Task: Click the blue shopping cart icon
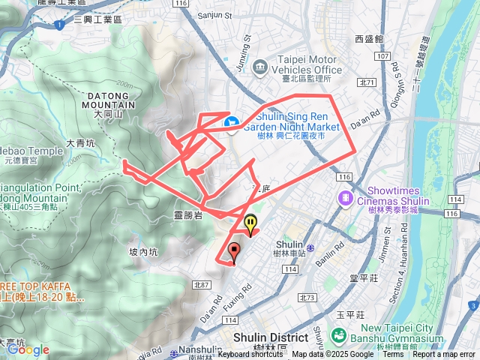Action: coord(232,121)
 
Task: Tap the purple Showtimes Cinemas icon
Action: coord(345,197)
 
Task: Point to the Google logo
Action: coord(28,349)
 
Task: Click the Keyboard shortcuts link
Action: coord(250,355)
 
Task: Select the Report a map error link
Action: coord(443,355)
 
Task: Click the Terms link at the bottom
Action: coord(393,355)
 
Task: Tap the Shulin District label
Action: coord(270,337)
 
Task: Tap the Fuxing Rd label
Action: coord(248,293)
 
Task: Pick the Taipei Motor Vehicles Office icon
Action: coord(260,67)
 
